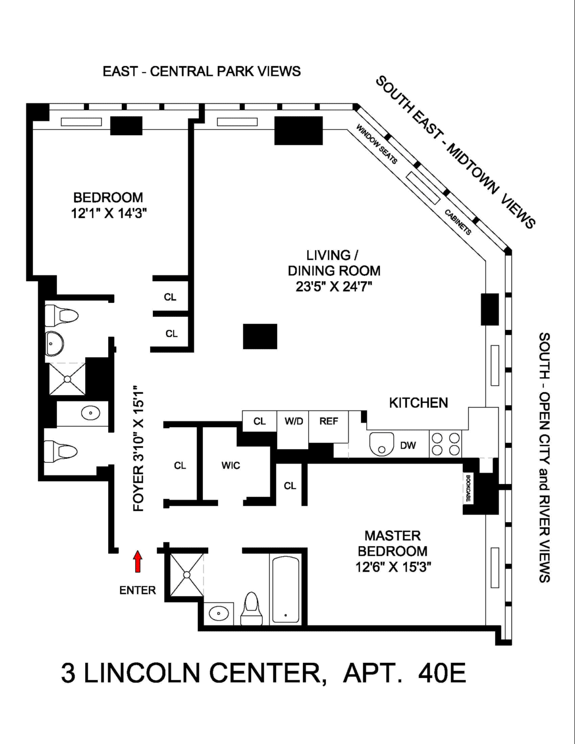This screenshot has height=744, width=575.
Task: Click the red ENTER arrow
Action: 137,562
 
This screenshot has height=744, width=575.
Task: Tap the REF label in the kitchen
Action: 328,421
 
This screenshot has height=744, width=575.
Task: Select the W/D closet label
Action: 293,421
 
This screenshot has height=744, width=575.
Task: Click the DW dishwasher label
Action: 408,445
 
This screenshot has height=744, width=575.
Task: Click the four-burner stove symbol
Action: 446,443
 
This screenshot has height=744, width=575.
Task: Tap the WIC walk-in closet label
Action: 230,465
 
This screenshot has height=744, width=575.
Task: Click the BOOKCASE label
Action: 469,489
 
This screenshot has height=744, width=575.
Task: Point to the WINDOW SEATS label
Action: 377,144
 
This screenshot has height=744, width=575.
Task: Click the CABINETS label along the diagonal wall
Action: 458,222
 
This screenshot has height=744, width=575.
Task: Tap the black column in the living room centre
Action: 260,336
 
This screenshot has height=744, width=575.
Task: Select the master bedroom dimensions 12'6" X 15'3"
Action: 393,567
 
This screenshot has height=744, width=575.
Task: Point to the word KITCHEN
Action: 419,402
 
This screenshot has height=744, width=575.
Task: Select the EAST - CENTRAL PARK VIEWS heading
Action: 201,71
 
